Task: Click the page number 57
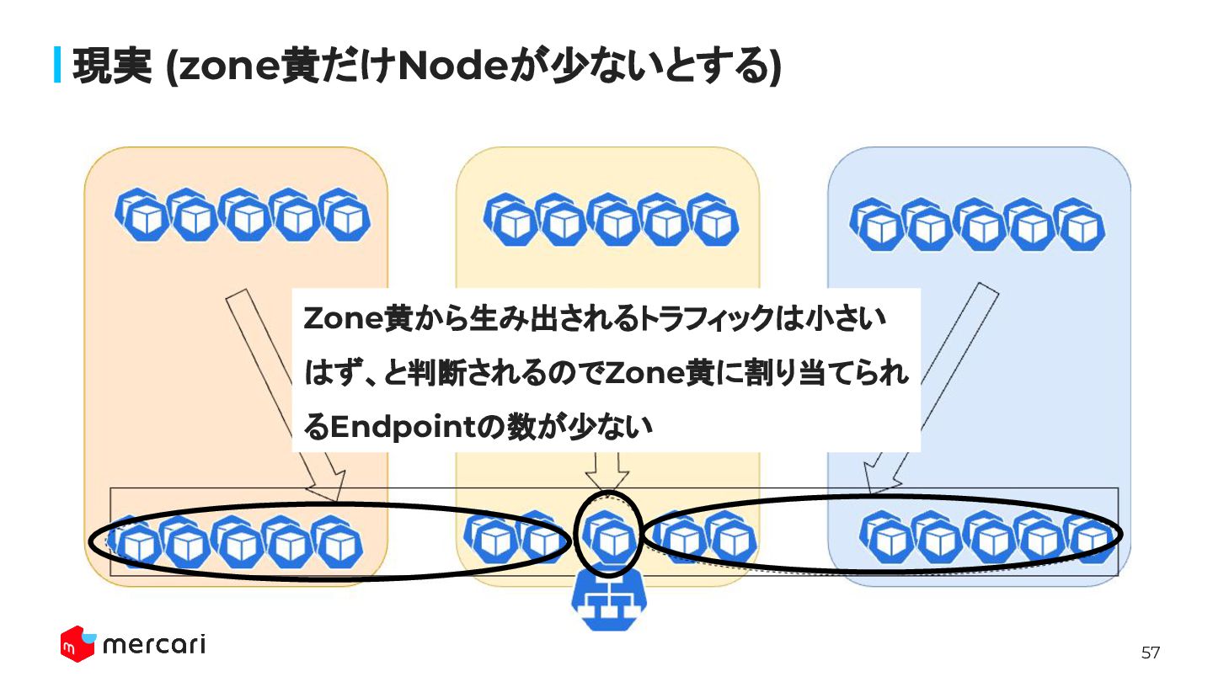point(1150,653)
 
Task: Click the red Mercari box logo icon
point(77,644)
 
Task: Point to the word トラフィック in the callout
point(703,319)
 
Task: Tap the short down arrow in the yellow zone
point(606,472)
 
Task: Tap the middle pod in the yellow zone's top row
point(611,220)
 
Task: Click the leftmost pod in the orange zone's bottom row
point(134,543)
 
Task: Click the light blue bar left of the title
point(58,66)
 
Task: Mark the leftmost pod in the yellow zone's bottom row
point(492,539)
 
